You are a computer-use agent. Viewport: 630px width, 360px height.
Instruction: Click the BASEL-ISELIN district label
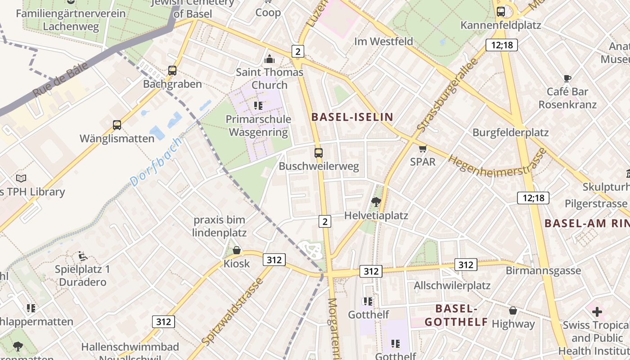[x=352, y=117]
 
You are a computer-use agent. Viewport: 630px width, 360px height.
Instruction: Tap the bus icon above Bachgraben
[x=172, y=71]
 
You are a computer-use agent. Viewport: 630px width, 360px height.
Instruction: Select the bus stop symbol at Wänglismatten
[x=117, y=125]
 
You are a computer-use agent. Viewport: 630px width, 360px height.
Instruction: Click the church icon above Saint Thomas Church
[x=270, y=59]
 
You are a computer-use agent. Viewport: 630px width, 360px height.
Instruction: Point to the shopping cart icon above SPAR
[x=423, y=148]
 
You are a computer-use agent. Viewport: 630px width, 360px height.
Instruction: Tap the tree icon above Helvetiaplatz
[x=376, y=202]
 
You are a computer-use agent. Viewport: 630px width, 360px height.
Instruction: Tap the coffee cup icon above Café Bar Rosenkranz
[x=567, y=78]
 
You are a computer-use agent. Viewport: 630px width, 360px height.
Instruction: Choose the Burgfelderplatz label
[x=510, y=132]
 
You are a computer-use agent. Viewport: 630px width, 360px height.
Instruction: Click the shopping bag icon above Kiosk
[x=237, y=250]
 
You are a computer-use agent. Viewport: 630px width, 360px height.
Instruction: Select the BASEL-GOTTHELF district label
[x=456, y=315]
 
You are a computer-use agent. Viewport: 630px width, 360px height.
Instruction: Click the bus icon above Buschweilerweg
[x=319, y=153]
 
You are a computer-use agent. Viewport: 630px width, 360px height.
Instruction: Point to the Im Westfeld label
[x=383, y=41]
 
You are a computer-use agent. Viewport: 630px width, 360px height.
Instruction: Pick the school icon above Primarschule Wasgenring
[x=258, y=106]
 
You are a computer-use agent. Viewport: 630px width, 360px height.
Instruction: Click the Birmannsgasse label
[x=543, y=270]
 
